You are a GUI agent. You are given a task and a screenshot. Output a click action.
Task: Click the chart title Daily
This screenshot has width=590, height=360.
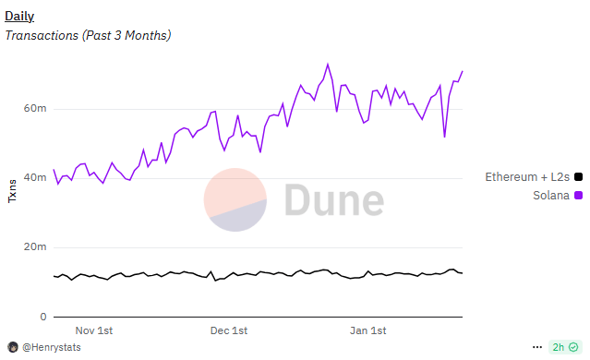(19, 16)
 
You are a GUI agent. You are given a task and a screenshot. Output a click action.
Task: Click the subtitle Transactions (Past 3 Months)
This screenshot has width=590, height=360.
(88, 35)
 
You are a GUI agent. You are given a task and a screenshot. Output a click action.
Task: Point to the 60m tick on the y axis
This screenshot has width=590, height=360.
(35, 109)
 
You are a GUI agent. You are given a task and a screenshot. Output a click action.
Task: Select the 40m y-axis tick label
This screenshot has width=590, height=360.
(35, 178)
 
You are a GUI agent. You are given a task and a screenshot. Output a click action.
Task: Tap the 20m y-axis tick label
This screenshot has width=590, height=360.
(35, 247)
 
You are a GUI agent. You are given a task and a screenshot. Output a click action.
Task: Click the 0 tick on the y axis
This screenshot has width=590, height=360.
(42, 317)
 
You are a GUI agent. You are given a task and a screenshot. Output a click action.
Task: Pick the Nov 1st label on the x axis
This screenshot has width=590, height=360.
(94, 330)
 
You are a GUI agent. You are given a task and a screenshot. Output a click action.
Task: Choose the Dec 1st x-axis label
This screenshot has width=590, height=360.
(229, 330)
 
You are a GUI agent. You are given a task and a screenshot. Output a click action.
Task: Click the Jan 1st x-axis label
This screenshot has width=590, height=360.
(367, 330)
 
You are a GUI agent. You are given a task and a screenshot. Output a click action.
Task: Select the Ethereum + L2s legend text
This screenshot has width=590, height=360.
(527, 176)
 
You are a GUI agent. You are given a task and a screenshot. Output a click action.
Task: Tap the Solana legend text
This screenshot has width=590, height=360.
(551, 195)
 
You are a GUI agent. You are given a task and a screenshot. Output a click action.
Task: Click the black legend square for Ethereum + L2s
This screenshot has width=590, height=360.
(578, 176)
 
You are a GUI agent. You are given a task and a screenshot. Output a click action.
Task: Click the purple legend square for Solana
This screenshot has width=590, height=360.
(578, 195)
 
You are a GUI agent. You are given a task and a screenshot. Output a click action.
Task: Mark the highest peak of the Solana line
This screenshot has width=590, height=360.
(327, 65)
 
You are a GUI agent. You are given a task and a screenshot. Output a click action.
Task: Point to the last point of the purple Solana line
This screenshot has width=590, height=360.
(463, 71)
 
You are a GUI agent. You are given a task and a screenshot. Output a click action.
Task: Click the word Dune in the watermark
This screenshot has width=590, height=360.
(333, 201)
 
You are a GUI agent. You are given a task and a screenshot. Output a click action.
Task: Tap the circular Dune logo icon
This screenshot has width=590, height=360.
(235, 200)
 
